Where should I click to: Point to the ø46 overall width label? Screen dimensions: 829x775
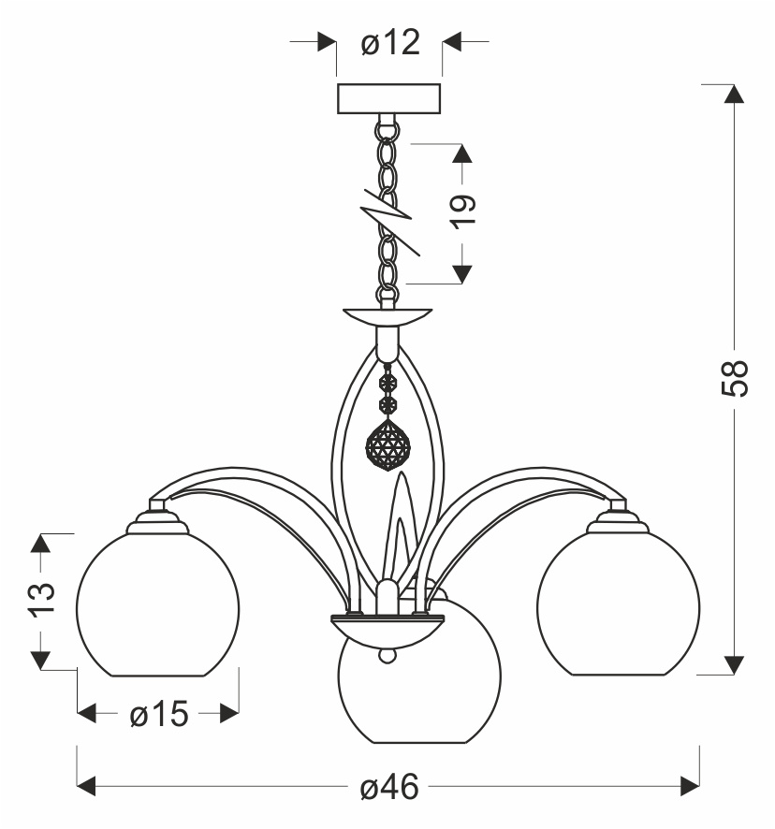pos(388,787)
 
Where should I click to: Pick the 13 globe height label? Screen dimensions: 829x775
pos(39,600)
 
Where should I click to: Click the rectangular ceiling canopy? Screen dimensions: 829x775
pos(388,98)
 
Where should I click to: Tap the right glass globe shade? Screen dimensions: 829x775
pos(619,604)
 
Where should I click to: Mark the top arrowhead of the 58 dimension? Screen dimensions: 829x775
pos(735,94)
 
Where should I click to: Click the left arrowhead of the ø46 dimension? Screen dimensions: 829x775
pos(87,783)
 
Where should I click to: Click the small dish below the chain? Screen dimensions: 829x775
pos(388,315)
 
